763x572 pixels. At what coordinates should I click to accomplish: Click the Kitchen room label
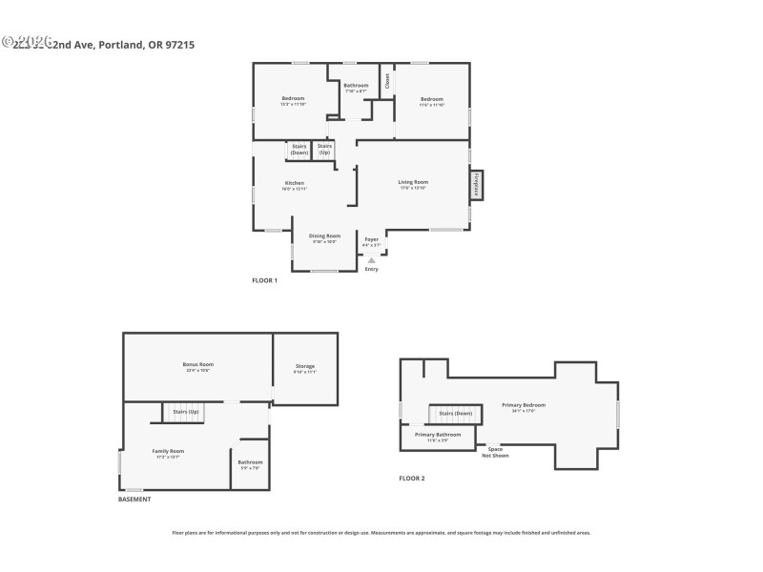click(x=294, y=183)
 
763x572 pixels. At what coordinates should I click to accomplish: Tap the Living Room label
click(x=413, y=182)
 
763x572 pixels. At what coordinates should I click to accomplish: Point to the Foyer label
click(x=371, y=239)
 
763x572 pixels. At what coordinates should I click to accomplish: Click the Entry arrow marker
click(x=371, y=259)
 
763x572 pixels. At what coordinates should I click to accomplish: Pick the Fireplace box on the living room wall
click(x=476, y=185)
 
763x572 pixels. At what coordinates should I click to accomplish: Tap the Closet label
click(x=387, y=82)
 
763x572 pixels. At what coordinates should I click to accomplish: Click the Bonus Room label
click(x=198, y=364)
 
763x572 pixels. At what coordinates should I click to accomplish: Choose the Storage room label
click(x=304, y=366)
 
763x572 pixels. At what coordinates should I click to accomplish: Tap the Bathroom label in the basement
click(x=250, y=462)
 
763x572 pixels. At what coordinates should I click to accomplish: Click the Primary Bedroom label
click(x=524, y=405)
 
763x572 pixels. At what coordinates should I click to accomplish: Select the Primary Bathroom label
click(x=438, y=434)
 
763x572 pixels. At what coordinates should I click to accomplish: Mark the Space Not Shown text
click(x=495, y=452)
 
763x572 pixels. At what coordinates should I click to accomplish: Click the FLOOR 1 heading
click(x=264, y=280)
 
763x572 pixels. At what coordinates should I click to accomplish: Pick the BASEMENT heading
click(x=134, y=500)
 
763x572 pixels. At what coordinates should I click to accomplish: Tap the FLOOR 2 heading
click(x=411, y=478)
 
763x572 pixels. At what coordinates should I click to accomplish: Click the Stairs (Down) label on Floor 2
click(x=455, y=413)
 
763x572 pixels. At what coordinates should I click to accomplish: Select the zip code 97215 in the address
click(x=180, y=44)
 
